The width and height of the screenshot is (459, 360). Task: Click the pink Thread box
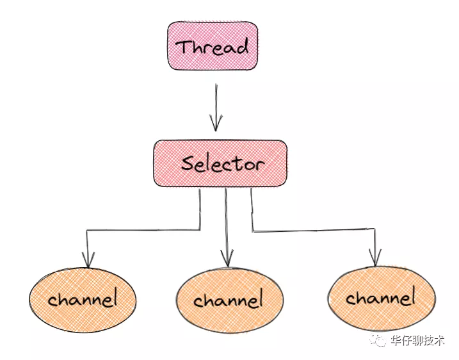213,45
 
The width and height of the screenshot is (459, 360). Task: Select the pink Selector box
220,163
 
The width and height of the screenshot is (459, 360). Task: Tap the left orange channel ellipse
83,299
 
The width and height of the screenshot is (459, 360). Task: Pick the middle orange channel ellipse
229,300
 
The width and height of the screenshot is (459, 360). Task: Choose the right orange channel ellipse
380,298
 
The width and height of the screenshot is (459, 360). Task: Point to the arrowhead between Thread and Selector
216,122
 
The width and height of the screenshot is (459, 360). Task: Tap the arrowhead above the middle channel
227,259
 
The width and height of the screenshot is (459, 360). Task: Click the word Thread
213,46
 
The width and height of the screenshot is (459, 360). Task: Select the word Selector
222,163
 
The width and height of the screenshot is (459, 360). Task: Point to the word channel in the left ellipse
83,299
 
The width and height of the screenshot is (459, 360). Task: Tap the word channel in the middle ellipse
229,300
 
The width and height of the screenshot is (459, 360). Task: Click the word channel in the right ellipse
380,298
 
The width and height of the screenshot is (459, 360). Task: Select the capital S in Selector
188,163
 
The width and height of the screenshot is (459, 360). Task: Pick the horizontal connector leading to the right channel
314,231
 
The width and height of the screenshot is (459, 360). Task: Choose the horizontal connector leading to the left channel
144,229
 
